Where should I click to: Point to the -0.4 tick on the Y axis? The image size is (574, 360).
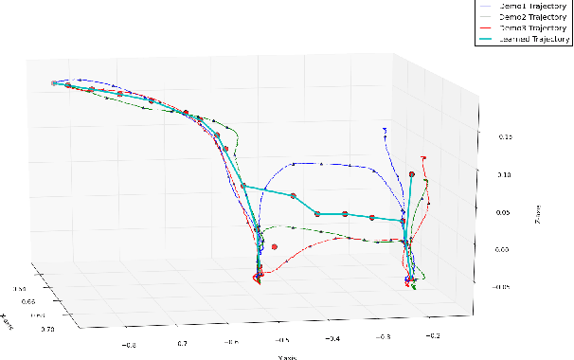332,337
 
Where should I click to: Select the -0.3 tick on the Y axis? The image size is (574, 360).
385,335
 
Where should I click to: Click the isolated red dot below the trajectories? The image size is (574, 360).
274,247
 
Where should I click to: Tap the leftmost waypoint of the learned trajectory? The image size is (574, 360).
55,84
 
